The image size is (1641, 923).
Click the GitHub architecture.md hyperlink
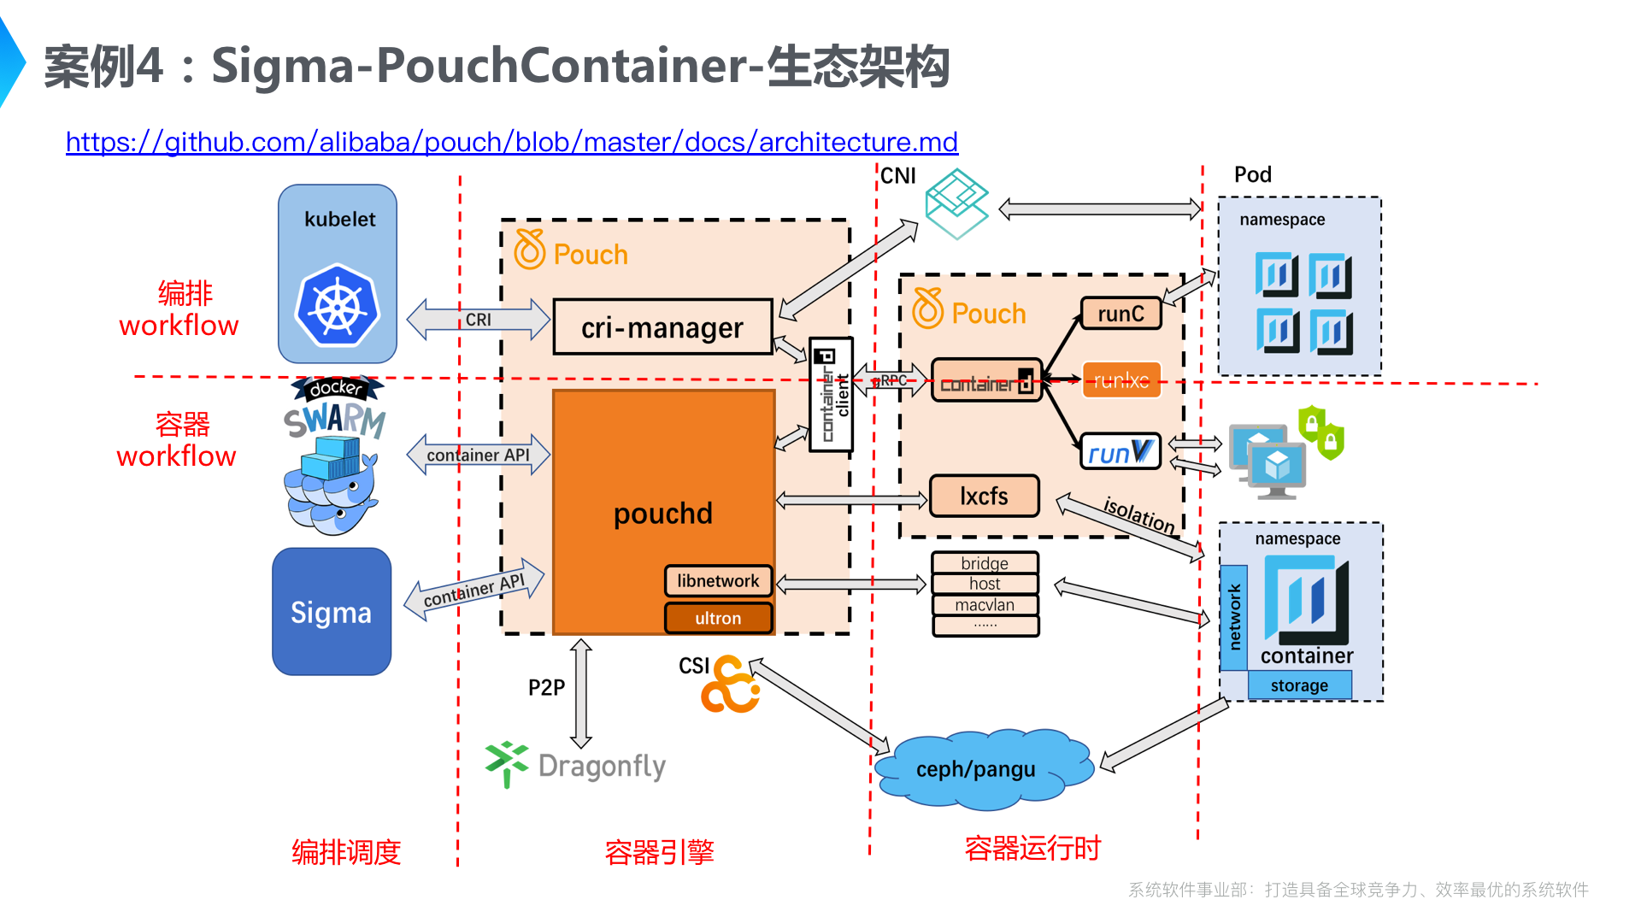tap(511, 142)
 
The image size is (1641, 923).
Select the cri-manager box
tap(662, 327)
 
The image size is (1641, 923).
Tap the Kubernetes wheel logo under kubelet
tap(338, 305)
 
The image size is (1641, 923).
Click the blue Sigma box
tap(332, 612)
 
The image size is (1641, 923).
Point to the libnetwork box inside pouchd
tap(718, 581)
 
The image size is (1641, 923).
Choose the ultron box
tap(718, 618)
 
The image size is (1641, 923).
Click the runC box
tap(1120, 314)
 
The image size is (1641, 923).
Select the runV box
tap(1120, 452)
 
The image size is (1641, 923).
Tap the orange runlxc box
tap(1121, 380)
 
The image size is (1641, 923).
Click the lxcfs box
tap(984, 496)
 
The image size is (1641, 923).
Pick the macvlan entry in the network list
tap(985, 605)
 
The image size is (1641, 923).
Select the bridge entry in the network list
tap(985, 563)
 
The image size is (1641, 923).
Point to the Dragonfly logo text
tap(602, 767)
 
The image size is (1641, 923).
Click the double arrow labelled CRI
tap(479, 320)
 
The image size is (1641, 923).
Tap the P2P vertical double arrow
tap(581, 692)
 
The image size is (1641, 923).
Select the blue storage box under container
tap(1299, 685)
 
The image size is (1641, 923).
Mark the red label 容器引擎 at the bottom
tap(659, 852)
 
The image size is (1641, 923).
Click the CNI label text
tap(898, 176)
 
